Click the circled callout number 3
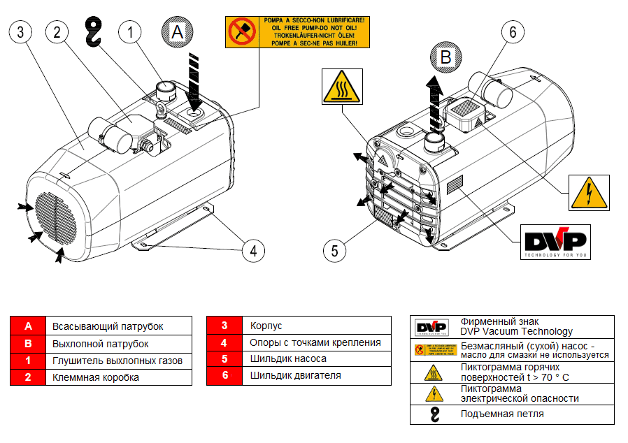click(x=21, y=31)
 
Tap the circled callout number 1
click(x=131, y=31)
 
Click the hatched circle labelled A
click(x=178, y=31)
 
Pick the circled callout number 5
click(x=336, y=250)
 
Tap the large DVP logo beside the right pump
click(x=555, y=242)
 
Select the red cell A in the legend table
click(x=28, y=326)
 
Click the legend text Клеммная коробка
click(x=96, y=377)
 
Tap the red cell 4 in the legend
click(x=224, y=343)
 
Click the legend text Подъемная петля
click(x=502, y=414)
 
